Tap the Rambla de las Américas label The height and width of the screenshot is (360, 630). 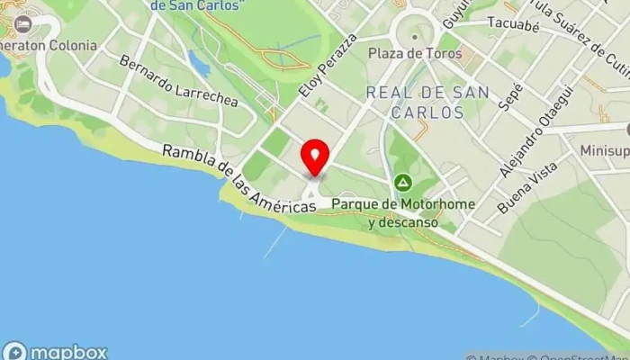point(238,179)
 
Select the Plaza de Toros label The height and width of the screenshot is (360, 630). point(415,53)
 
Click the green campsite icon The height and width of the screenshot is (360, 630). point(404,184)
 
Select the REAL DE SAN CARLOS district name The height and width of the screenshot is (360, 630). point(427,102)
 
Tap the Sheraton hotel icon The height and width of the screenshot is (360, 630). point(22,23)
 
